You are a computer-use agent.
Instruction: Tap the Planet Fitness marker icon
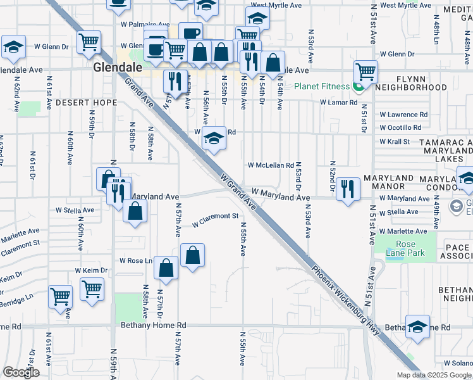pos(358,87)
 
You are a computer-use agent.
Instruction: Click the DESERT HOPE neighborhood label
pos(86,102)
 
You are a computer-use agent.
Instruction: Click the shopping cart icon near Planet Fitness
pos(365,72)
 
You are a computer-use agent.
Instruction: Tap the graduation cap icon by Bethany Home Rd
pos(417,327)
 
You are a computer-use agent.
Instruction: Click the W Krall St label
pos(395,142)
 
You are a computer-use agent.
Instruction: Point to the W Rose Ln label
pos(137,261)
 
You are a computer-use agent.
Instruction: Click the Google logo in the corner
pos(21,372)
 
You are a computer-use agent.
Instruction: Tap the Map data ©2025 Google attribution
pos(433,375)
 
